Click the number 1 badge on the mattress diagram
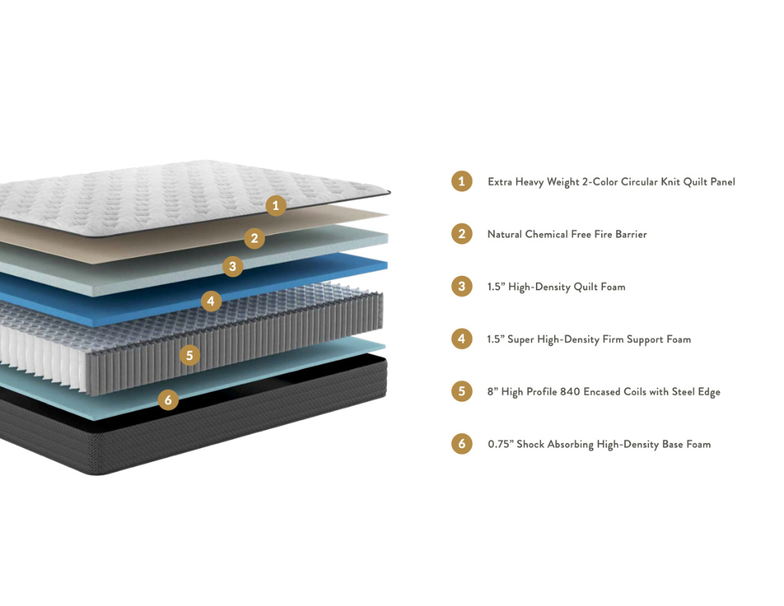276,205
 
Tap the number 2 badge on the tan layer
254,239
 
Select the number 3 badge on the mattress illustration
232,267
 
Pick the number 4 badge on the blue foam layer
211,301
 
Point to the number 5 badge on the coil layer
190,356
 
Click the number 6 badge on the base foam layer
168,399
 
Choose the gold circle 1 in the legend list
462,181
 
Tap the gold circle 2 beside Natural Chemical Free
462,234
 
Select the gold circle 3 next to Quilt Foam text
462,286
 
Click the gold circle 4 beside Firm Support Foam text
462,339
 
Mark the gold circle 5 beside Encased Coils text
462,391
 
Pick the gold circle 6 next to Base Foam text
462,443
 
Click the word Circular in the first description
639,182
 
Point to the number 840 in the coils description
570,391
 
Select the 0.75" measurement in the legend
500,444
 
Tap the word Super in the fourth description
520,339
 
